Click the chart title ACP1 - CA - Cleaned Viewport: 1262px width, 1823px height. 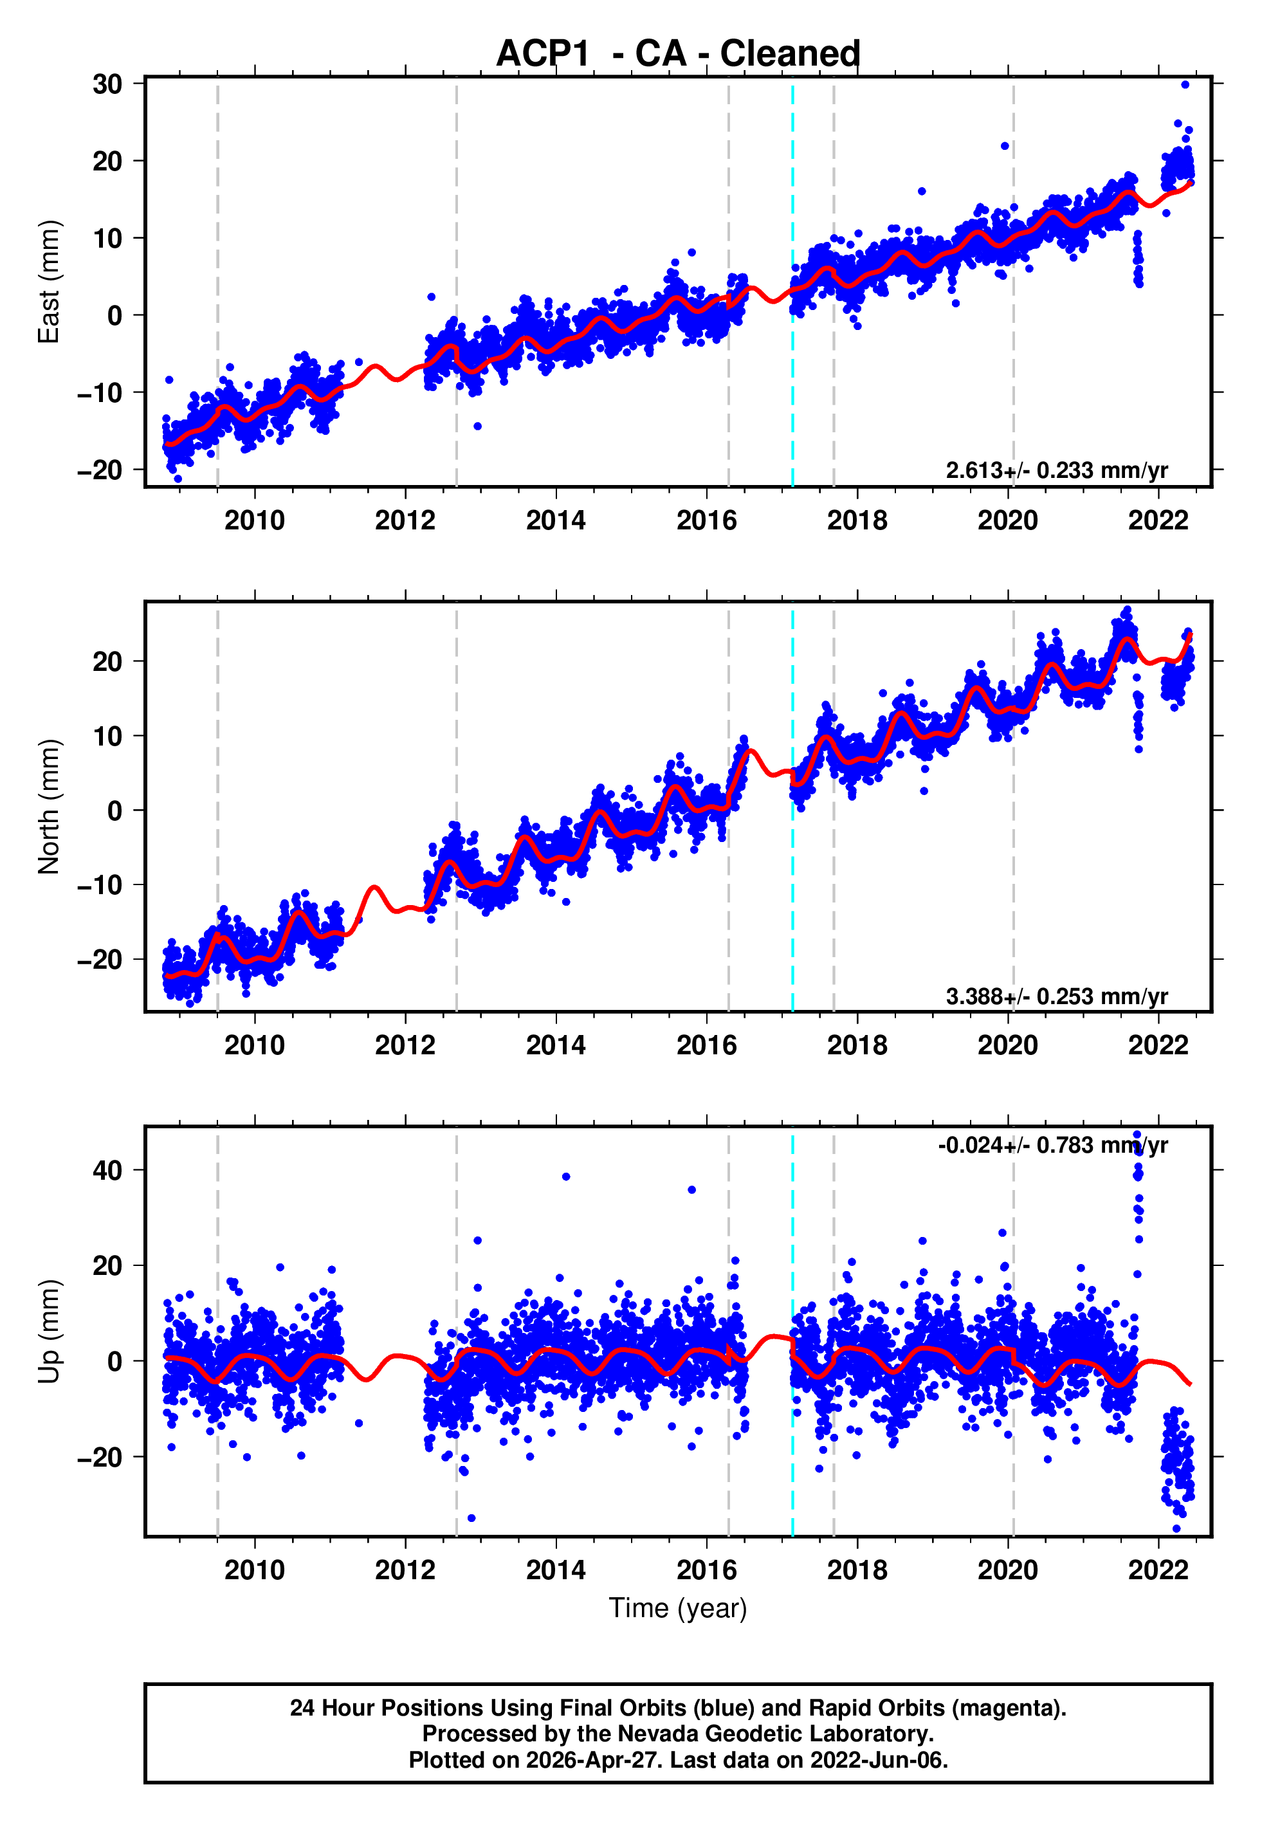(x=678, y=54)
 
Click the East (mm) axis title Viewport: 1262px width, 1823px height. (x=48, y=282)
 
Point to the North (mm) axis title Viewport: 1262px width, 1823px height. (x=48, y=807)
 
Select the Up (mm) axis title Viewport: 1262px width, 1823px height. (x=48, y=1332)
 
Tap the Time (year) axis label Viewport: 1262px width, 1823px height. (x=678, y=1608)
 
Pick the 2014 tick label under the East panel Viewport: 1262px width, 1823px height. (x=556, y=520)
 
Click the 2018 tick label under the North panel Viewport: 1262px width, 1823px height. (x=857, y=1045)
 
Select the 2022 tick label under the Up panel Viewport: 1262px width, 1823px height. (x=1158, y=1570)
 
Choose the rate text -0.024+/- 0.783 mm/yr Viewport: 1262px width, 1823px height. (x=1052, y=1146)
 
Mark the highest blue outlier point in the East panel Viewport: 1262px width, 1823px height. (x=1185, y=84)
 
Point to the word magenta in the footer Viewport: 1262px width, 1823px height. (x=1003, y=1708)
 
